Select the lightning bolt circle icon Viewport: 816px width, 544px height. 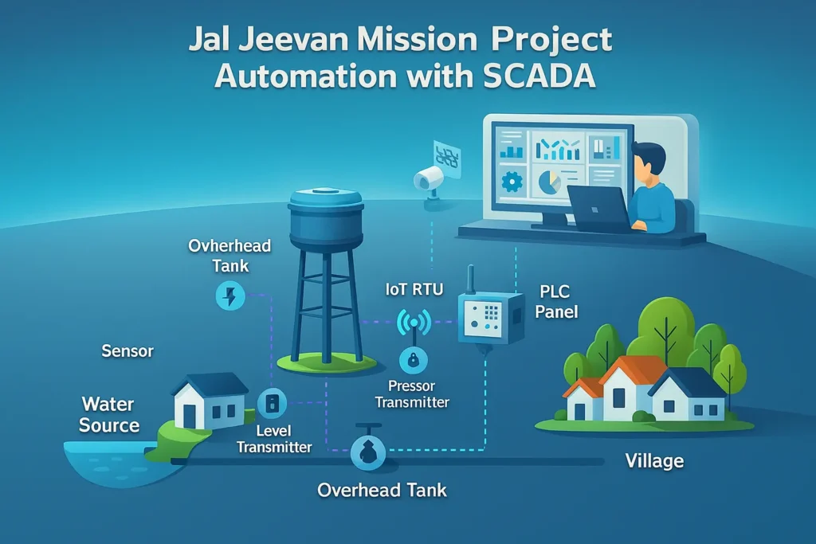230,297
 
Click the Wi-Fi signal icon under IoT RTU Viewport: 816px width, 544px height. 414,323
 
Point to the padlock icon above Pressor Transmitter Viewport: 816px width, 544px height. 414,361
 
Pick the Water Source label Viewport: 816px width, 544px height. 109,414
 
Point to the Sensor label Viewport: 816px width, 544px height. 127,350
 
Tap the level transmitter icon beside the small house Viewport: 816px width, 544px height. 272,401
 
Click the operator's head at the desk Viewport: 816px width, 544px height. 652,159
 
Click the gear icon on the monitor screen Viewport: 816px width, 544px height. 511,182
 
